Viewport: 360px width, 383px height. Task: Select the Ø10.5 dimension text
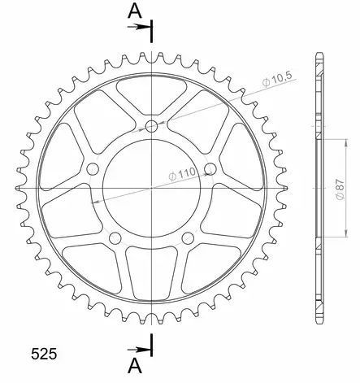(280, 80)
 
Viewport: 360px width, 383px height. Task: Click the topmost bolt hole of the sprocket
(151, 125)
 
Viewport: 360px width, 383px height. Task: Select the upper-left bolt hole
(93, 168)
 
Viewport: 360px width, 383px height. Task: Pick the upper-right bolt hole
(210, 168)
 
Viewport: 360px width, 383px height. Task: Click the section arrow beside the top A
(141, 27)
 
